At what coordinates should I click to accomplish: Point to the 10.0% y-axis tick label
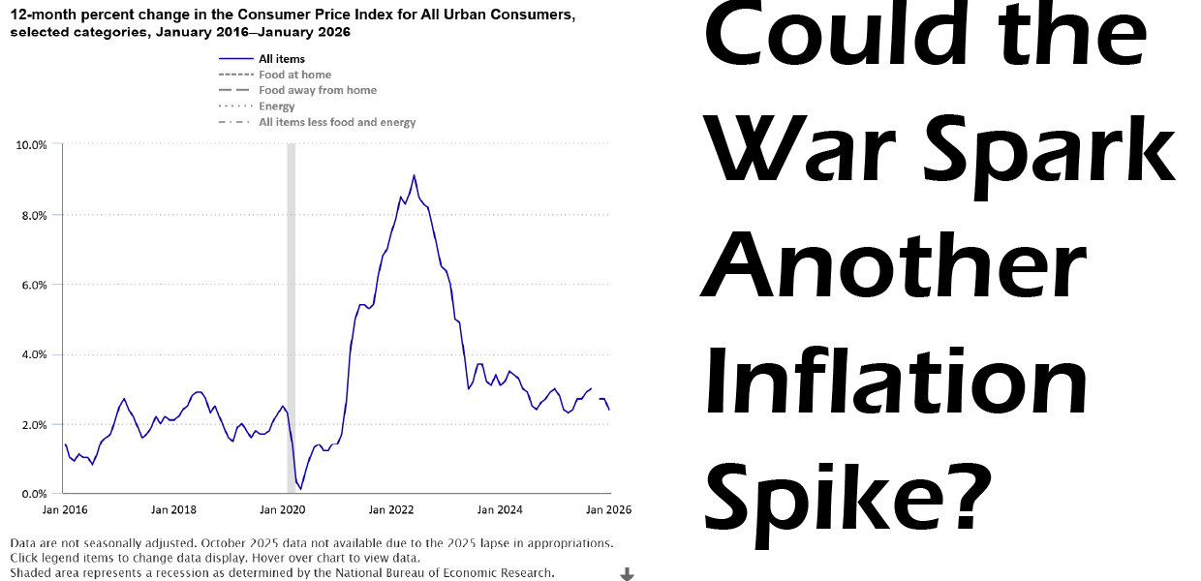click(x=32, y=145)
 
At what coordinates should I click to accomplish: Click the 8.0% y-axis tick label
click(x=35, y=215)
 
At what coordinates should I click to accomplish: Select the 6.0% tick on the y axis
click(x=35, y=285)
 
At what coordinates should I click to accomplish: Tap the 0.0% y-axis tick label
click(x=35, y=494)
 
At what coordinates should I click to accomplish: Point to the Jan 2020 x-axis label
click(x=283, y=509)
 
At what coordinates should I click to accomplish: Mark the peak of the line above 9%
click(x=414, y=175)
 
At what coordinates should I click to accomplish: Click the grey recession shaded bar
click(x=291, y=320)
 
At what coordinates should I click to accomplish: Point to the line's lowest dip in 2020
click(x=300, y=489)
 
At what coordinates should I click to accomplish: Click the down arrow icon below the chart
click(x=627, y=574)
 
